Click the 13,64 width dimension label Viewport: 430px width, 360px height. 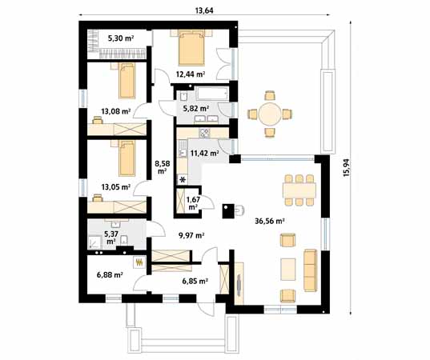[204, 10]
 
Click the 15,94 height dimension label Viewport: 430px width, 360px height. [347, 167]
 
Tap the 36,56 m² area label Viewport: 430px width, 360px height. [269, 221]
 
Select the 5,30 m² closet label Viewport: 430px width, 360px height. [121, 38]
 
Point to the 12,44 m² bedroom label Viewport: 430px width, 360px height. [191, 74]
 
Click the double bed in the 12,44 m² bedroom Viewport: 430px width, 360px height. [191, 48]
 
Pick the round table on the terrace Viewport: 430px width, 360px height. [270, 114]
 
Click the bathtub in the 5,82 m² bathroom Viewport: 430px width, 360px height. [212, 94]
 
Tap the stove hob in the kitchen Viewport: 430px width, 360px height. [204, 133]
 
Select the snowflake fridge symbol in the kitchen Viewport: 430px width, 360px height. [183, 180]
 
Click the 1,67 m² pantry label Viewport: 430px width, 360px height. [193, 202]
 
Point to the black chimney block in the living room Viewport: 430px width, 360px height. [228, 211]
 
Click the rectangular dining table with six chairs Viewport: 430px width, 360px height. [299, 190]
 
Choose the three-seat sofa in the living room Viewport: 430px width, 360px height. [310, 270]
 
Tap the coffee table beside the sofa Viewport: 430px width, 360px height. [288, 270]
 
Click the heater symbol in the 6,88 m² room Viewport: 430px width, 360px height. [139, 262]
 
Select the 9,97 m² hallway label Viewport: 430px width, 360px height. [191, 235]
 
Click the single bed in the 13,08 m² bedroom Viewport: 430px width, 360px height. [127, 81]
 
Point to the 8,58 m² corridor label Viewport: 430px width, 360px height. [163, 167]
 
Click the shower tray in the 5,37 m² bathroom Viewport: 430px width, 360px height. [94, 242]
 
